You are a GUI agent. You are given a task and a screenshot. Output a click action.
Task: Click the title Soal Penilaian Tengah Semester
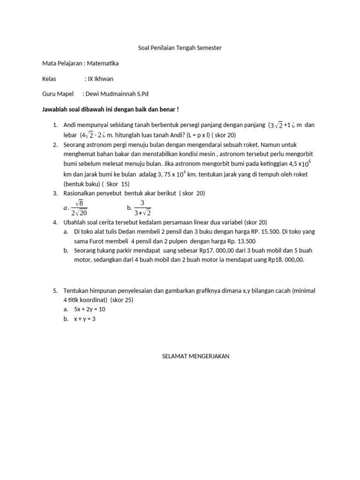click(180, 47)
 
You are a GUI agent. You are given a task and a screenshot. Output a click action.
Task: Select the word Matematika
click(102, 63)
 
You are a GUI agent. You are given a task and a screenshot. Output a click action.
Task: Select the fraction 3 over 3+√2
click(142, 207)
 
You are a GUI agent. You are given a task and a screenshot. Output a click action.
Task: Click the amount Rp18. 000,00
click(286, 260)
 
